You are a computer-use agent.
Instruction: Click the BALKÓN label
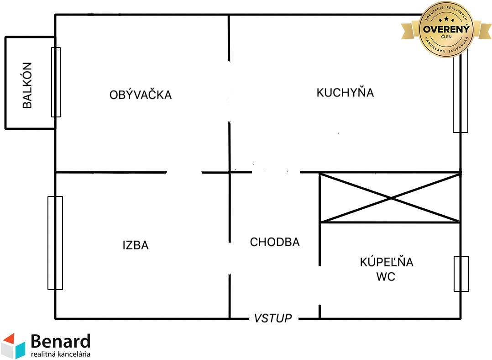pos(27,85)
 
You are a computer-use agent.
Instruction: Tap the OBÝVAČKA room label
pos(141,95)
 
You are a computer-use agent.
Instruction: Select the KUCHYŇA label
pos(345,93)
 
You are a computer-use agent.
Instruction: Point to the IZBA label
pos(136,245)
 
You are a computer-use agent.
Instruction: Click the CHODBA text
pos(275,242)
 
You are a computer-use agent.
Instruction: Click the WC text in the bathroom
pos(386,277)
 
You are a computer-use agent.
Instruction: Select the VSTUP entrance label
pos(273,318)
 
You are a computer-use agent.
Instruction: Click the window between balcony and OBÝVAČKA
pos(56,82)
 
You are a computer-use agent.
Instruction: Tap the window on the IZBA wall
pos(55,243)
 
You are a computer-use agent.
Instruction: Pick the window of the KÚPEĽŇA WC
pos(461,274)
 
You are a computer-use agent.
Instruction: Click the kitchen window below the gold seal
pos(460,96)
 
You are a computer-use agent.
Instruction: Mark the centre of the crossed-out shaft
pos(390,198)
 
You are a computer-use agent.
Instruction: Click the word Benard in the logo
pos(61,342)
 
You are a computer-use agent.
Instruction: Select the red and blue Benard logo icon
pos(13,345)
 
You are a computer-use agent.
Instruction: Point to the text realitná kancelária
pos(61,354)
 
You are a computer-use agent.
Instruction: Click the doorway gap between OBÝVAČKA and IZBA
pos(184,173)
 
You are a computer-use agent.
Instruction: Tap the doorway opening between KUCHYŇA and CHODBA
pos(276,172)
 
